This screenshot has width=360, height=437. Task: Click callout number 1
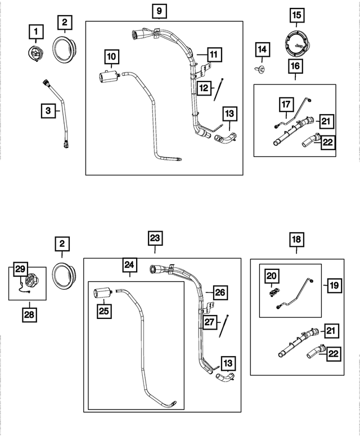36,30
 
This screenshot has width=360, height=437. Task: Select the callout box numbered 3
49,111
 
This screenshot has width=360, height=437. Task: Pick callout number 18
296,239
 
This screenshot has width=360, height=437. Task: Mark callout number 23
155,238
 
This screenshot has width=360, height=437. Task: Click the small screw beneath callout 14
262,69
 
